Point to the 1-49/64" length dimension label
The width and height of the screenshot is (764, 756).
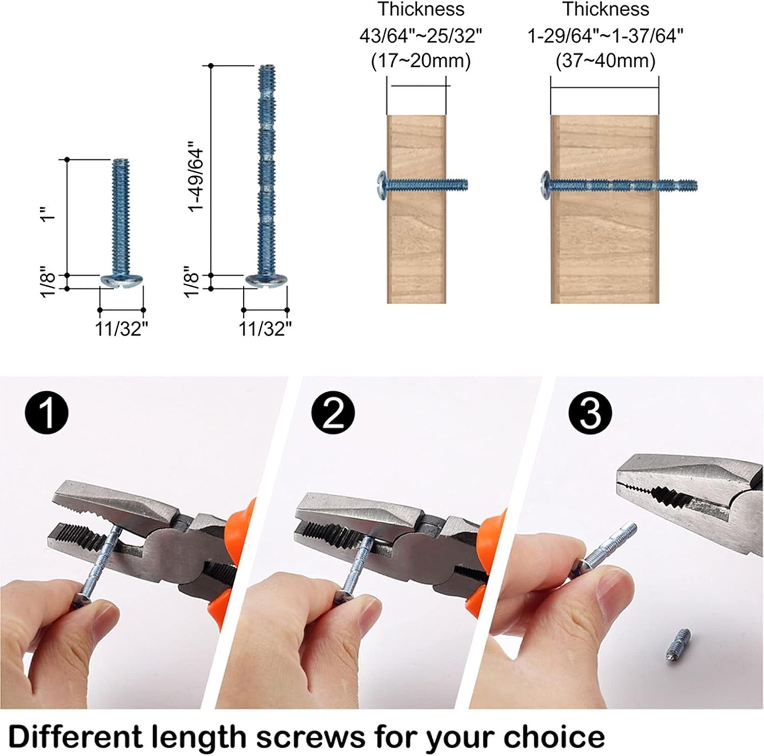point(196,179)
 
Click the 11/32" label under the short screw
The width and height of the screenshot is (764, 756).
point(122,329)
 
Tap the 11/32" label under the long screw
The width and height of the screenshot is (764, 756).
point(265,329)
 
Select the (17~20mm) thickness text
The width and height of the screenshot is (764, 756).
point(420,61)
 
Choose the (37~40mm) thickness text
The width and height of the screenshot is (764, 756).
point(605,61)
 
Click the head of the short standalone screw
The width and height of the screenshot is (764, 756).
point(122,281)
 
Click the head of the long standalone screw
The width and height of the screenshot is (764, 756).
point(266,281)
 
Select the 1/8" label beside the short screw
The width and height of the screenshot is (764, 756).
point(48,281)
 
